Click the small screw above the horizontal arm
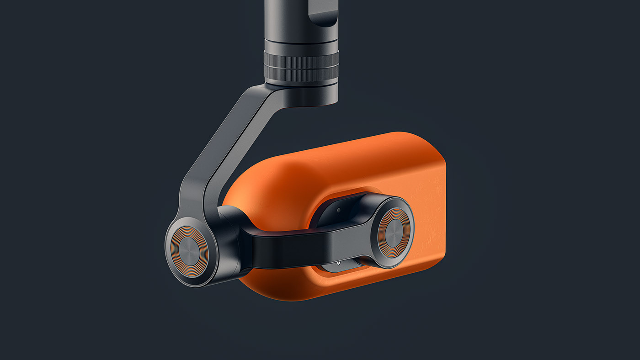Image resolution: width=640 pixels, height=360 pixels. (x=338, y=210)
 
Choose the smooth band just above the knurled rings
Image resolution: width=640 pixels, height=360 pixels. (x=301, y=46)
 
